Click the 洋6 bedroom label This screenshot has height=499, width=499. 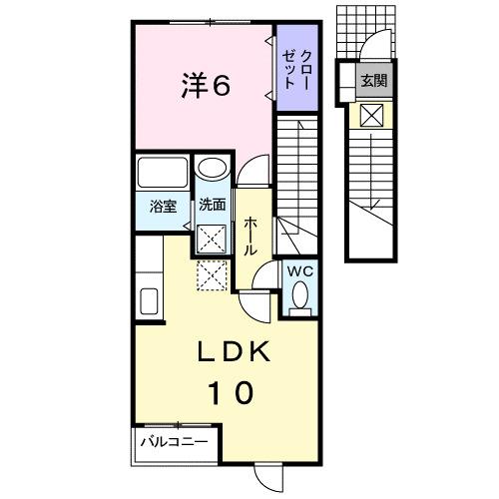coord(207,87)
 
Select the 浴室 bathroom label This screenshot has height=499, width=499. coord(164,209)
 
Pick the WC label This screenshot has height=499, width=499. coord(298,269)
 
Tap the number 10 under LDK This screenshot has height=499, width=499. coord(234,391)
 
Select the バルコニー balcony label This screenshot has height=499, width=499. coord(173,440)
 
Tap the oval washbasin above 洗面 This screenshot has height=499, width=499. coord(212,170)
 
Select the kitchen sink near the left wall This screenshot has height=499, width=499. coord(150,300)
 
